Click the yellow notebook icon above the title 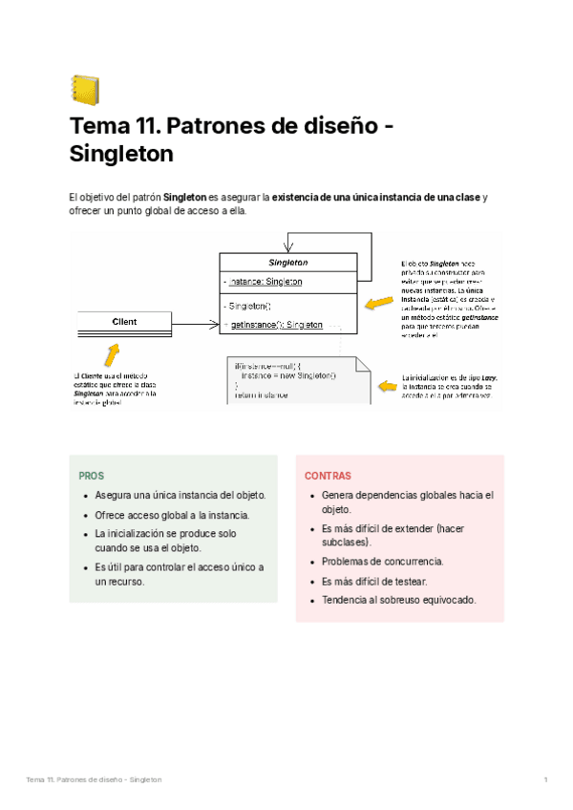(x=85, y=90)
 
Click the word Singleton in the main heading (x=121, y=154)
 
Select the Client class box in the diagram (x=124, y=323)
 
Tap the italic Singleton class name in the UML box (x=287, y=263)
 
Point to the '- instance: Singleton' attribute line (x=263, y=282)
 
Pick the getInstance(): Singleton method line (x=277, y=326)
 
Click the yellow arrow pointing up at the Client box (x=113, y=356)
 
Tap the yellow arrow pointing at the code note (x=388, y=385)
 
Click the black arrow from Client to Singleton (x=196, y=325)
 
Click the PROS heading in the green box (x=92, y=476)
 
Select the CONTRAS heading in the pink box (x=328, y=476)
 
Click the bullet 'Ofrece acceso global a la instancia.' (x=172, y=515)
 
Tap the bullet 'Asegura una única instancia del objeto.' (x=180, y=496)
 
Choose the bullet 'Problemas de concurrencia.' (x=382, y=562)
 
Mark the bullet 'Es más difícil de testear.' (x=374, y=581)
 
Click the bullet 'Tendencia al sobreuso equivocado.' (x=398, y=600)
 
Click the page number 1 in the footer (x=544, y=780)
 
